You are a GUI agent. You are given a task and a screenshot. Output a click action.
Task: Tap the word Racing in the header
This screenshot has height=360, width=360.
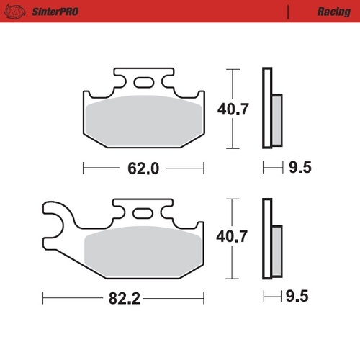(x=333, y=12)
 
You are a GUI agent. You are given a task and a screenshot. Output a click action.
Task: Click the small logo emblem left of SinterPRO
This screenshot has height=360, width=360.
(x=19, y=12)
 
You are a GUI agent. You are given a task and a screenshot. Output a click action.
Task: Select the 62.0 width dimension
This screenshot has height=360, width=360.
(x=143, y=168)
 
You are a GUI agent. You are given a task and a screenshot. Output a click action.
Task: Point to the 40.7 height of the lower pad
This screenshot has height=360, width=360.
(x=232, y=235)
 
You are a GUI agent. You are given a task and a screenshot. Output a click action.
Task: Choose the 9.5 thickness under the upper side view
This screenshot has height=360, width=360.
(x=298, y=168)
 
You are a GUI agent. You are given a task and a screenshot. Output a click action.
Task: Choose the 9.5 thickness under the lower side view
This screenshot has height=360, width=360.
(x=298, y=296)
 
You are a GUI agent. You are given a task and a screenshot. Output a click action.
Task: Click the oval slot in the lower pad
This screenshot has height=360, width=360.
(x=143, y=212)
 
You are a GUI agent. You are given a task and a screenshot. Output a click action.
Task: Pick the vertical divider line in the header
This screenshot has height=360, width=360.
(x=287, y=12)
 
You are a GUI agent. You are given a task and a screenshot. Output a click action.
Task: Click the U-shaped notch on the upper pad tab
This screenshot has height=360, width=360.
(x=120, y=80)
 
